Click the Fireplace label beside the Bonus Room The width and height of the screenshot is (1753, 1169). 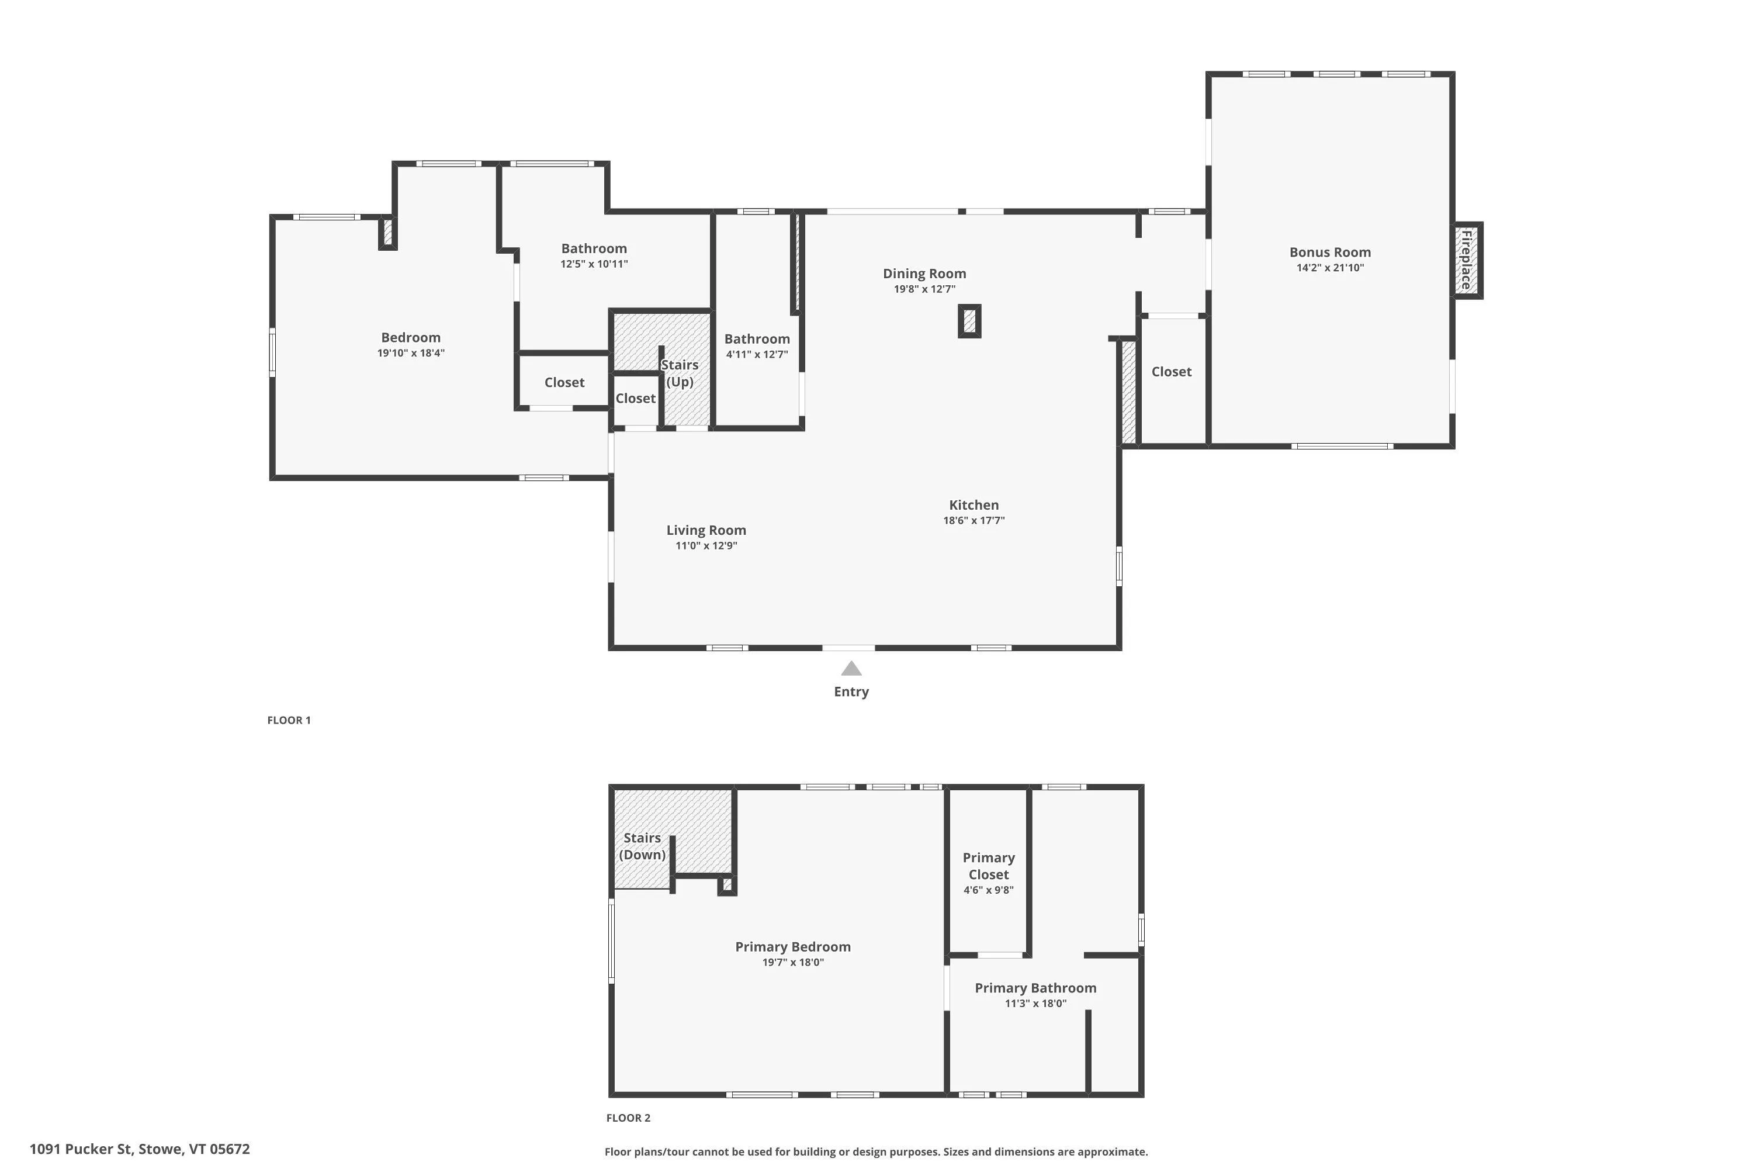[1466, 260]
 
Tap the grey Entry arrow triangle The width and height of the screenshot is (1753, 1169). [851, 668]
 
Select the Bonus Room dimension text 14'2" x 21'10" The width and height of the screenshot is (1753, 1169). [1331, 268]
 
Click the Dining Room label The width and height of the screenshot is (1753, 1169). [924, 274]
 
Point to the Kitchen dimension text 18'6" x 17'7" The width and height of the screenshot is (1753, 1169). [974, 520]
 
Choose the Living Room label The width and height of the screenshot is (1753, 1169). [706, 530]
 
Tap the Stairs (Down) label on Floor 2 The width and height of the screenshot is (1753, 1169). [642, 846]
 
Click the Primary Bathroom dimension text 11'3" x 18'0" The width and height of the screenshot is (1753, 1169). [1035, 1004]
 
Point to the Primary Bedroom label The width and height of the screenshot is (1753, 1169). [793, 947]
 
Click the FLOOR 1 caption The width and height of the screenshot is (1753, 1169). [289, 720]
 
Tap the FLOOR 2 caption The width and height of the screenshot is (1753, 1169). [628, 1118]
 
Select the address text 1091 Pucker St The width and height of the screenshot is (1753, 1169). [82, 1149]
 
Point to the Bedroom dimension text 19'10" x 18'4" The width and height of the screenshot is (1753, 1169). [411, 354]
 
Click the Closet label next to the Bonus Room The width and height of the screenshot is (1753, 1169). [1172, 371]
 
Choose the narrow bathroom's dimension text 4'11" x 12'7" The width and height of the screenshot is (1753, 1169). [757, 355]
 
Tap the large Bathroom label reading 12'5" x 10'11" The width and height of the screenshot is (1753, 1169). [594, 248]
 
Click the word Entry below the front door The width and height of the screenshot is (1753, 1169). [851, 692]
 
